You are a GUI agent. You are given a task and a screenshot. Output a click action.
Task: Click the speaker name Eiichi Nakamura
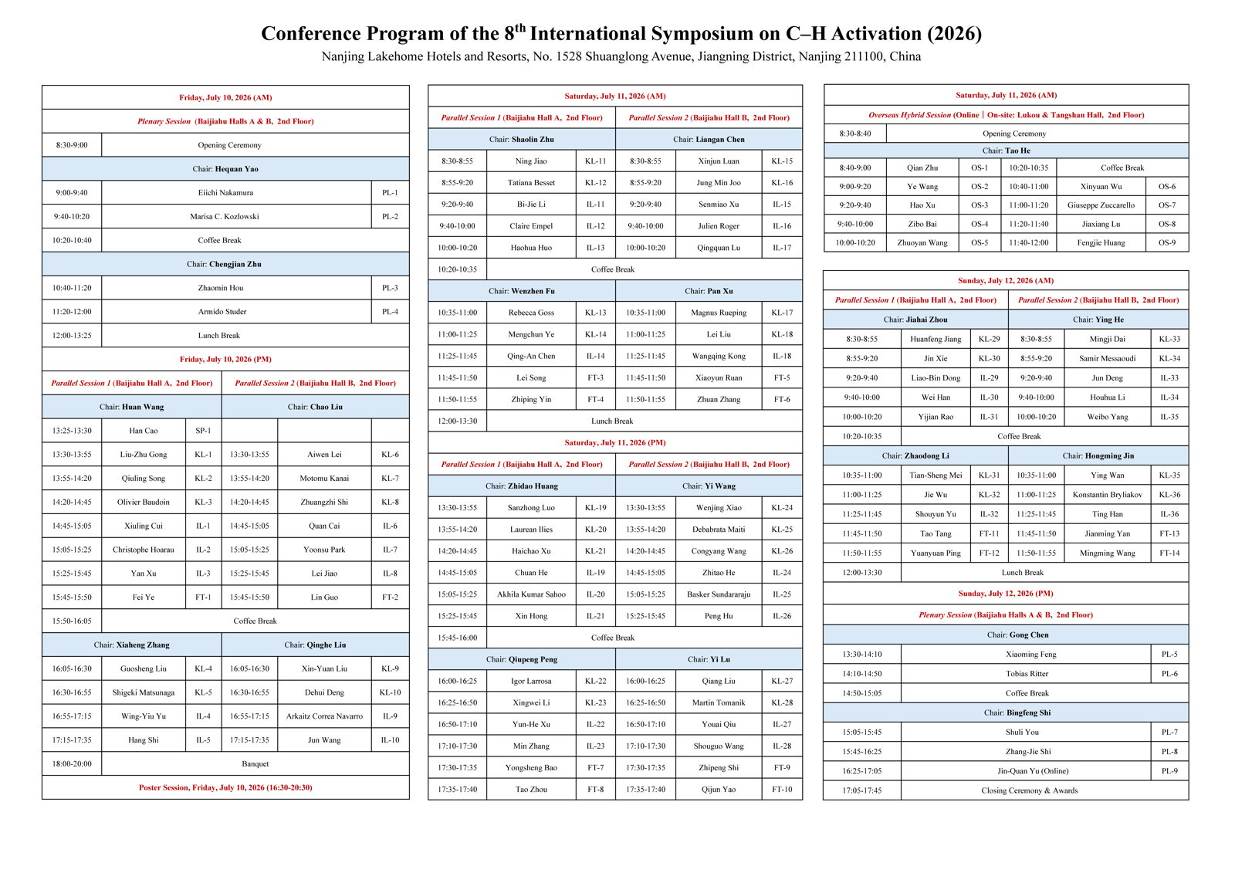[225, 192]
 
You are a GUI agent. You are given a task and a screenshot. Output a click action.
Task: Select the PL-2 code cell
[390, 216]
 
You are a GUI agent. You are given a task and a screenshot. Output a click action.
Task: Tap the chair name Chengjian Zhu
[235, 264]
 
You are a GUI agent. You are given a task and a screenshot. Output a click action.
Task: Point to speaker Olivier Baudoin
[144, 502]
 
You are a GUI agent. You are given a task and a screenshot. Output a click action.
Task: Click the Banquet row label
[255, 764]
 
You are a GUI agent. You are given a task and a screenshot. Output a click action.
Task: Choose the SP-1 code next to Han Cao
[203, 431]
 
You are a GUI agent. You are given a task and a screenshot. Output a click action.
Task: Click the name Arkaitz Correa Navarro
[324, 716]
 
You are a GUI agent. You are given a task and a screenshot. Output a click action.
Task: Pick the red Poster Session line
[225, 787]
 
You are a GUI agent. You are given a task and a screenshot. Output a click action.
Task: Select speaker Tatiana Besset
[531, 182]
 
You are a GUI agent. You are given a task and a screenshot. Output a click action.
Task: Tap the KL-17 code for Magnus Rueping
[782, 313]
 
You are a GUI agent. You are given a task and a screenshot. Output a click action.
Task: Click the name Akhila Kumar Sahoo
[531, 594]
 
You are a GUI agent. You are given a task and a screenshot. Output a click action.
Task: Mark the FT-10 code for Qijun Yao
[782, 789]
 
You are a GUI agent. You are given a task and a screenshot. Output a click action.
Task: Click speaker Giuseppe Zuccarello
[1101, 205]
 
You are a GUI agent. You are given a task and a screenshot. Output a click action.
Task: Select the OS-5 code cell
[980, 242]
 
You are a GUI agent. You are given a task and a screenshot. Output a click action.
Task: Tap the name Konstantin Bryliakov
[1107, 495]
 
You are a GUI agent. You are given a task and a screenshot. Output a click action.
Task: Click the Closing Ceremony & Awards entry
[1029, 790]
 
